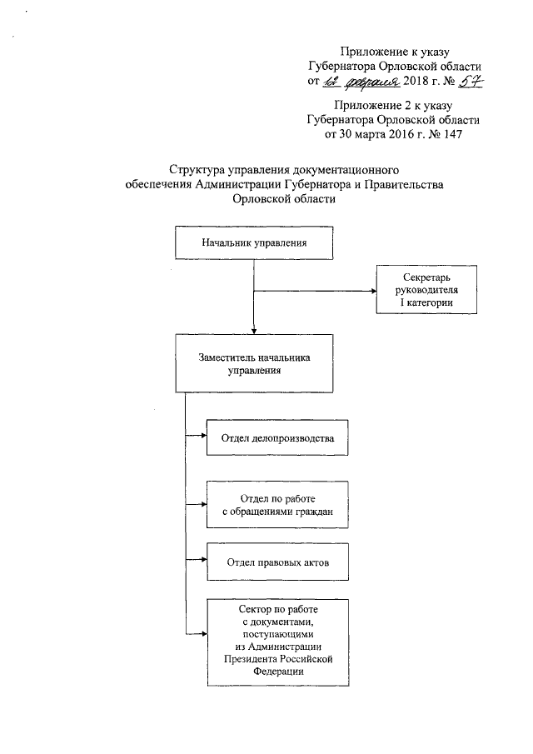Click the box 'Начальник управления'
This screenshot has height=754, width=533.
[253, 243]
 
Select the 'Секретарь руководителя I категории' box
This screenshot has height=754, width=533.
[426, 290]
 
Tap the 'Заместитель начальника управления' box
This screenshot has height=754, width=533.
[253, 363]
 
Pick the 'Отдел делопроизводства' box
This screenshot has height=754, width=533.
[277, 437]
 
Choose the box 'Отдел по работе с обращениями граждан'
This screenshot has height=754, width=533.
[277, 505]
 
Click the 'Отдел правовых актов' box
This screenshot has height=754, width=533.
[277, 562]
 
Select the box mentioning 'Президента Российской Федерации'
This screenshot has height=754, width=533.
[277, 640]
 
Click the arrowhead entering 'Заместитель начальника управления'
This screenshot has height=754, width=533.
[253, 331]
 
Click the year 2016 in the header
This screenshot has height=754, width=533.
[396, 133]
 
